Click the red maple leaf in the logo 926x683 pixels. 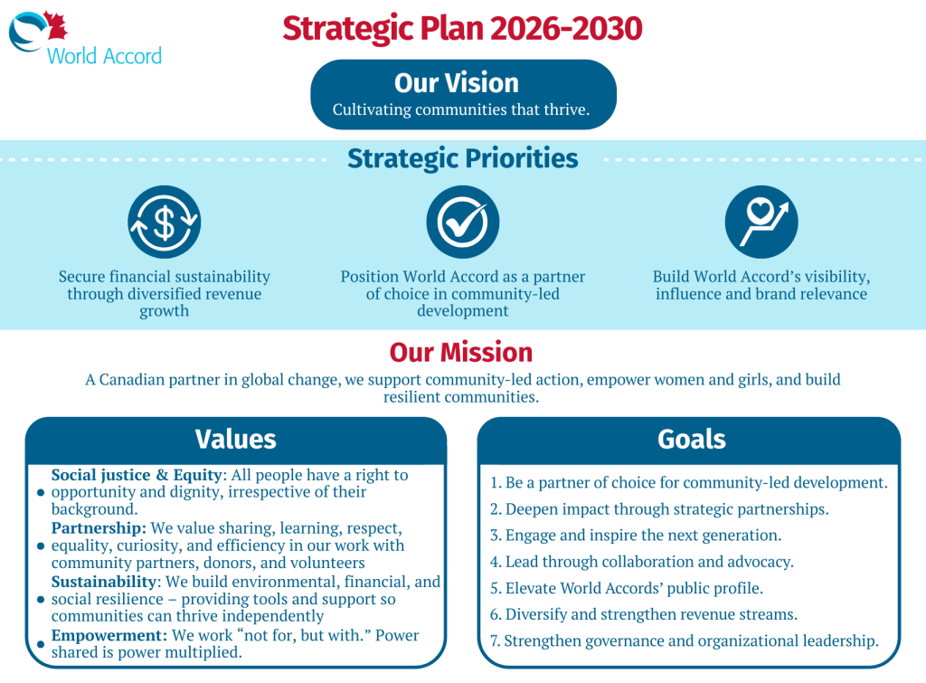click(55, 25)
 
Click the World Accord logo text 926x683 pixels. click(104, 56)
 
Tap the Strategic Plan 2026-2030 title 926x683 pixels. click(462, 28)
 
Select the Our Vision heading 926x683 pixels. click(457, 82)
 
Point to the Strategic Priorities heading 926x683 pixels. click(462, 158)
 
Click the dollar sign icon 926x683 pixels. click(165, 223)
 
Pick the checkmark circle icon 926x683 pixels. click(463, 223)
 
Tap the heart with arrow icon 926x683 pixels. click(761, 223)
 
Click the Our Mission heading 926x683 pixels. click(461, 352)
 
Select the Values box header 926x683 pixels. click(236, 440)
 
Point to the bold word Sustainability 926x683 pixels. click(103, 582)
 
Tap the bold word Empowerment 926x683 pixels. click(109, 636)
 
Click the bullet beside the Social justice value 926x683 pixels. click(41, 492)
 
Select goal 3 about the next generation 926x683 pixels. click(636, 536)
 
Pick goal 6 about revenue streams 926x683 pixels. click(644, 614)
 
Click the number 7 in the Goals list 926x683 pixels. click(495, 641)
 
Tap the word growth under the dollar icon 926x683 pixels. click(165, 311)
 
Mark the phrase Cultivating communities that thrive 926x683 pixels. click(461, 109)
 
